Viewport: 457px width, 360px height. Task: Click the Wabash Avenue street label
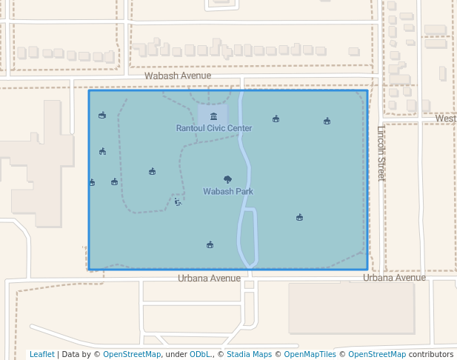point(178,76)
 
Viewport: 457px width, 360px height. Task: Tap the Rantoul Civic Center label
point(214,128)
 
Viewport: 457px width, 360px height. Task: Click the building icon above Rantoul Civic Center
point(214,116)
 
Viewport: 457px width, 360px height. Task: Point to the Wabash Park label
point(228,191)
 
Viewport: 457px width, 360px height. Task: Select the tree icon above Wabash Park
point(227,179)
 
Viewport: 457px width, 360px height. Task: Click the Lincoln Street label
point(381,153)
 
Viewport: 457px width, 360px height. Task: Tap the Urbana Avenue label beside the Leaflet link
point(209,279)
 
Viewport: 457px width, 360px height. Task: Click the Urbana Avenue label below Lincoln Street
point(394,278)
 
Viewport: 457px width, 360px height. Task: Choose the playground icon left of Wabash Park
point(178,201)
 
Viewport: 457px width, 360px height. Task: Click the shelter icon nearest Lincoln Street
point(327,121)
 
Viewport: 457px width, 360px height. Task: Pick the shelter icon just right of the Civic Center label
point(276,119)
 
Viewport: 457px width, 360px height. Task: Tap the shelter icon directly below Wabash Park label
point(210,244)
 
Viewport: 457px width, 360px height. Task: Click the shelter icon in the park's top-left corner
point(102,115)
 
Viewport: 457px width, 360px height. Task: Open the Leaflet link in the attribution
point(41,354)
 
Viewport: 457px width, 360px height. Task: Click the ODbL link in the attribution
point(199,354)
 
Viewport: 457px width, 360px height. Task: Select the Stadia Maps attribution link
point(249,354)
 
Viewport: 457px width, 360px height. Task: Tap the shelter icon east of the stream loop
point(299,217)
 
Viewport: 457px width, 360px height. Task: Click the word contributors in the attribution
point(431,354)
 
